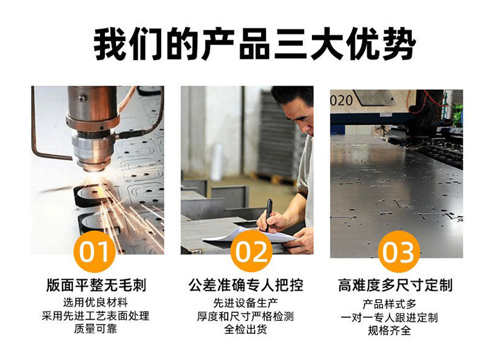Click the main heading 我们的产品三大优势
[x=255, y=44]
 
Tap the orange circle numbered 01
[x=94, y=251]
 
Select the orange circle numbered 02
[x=252, y=251]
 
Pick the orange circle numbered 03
[x=398, y=252]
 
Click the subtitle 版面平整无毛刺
[x=96, y=286]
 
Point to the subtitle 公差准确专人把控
[x=246, y=286]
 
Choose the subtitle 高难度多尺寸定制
[x=395, y=286]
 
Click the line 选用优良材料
[x=96, y=302]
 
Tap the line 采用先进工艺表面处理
[x=96, y=315]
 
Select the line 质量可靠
[x=96, y=329]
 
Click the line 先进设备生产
[x=246, y=303]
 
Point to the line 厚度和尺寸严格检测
[x=246, y=316]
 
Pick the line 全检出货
[x=246, y=330]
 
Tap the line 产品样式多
[x=390, y=304]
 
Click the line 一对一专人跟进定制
[x=390, y=317]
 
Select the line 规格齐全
[x=390, y=331]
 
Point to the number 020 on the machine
[x=342, y=101]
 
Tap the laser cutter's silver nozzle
[x=93, y=151]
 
